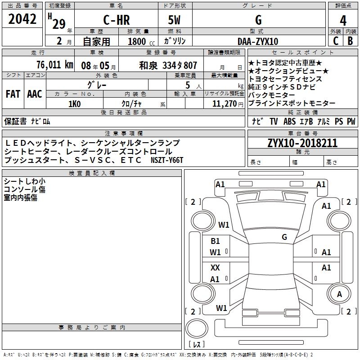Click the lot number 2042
coord(23,19)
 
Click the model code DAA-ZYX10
coord(257,41)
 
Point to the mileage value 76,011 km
coord(54,65)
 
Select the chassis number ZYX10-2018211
coord(302,143)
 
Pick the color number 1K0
coord(74,103)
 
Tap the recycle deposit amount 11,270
coord(224,103)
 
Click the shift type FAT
coord(13,94)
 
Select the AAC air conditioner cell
coord(35,94)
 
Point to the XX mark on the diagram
coord(216,267)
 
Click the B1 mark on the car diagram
coord(216,241)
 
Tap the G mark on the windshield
coord(284,237)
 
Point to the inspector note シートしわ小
coord(24,181)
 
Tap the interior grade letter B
coord(350,41)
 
